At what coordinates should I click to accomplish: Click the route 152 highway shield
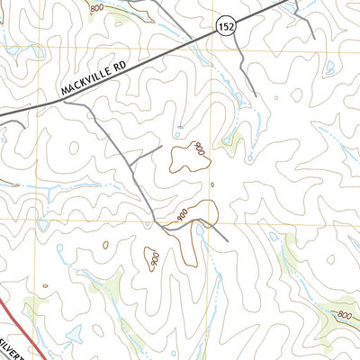pyautogui.click(x=224, y=29)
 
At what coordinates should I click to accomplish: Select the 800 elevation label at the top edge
pyautogui.click(x=96, y=6)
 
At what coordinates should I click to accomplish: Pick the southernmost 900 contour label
pyautogui.click(x=155, y=260)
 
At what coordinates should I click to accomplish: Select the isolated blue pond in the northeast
pyautogui.click(x=329, y=66)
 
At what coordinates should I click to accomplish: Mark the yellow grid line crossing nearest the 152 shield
pyautogui.click(x=213, y=50)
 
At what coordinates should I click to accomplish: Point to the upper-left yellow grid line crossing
pyautogui.click(x=37, y=50)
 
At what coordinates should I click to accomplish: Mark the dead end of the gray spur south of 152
pyautogui.click(x=256, y=94)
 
